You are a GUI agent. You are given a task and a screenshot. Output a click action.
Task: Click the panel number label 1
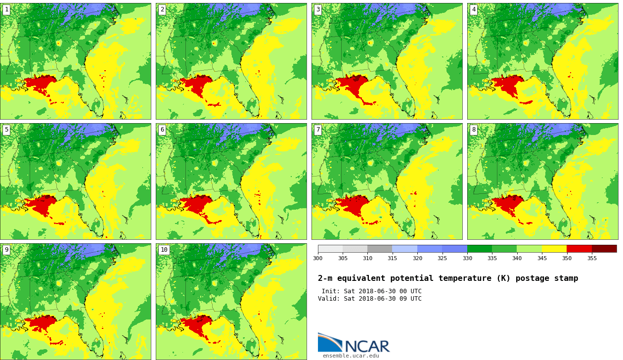tap(6, 10)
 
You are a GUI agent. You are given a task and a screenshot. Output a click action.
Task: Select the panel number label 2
tap(162, 10)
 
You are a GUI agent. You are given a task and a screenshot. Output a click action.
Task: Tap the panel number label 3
tap(318, 10)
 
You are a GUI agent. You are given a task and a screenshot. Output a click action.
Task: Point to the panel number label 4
tap(474, 10)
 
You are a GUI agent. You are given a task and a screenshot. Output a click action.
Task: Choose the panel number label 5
tap(6, 130)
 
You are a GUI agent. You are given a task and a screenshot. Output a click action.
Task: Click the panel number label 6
tap(162, 130)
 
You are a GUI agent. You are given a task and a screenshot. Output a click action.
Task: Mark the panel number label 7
tap(318, 130)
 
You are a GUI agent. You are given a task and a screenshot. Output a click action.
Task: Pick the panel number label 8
tap(474, 130)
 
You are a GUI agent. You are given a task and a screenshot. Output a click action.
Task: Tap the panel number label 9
tap(6, 250)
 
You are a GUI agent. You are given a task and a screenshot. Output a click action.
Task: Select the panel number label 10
tap(164, 250)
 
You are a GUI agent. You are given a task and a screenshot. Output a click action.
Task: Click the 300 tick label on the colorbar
tap(317, 258)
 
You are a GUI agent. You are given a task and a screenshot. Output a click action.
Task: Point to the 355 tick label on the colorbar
tap(592, 258)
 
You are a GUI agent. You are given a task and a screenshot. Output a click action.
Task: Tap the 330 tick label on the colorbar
tap(467, 258)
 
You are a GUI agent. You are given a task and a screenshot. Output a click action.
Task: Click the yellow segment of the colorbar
tap(554, 249)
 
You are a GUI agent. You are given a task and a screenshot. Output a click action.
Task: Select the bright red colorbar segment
tap(579, 249)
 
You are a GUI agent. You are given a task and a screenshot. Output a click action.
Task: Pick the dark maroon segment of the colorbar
tap(604, 249)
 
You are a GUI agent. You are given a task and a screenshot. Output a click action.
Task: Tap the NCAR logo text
tap(367, 346)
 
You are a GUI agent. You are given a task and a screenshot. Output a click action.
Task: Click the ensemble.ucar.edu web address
tap(351, 356)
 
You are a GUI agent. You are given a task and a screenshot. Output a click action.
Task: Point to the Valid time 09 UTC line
tap(369, 299)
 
